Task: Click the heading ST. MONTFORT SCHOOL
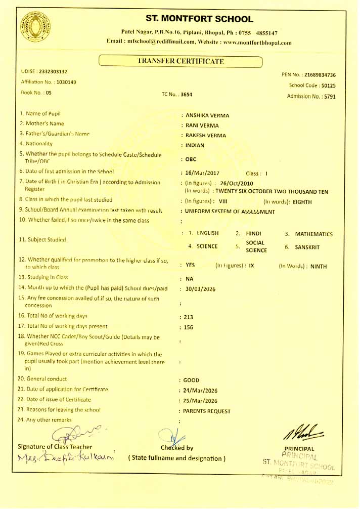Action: click(x=199, y=19)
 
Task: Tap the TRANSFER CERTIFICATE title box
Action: click(x=181, y=62)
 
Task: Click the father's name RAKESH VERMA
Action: click(x=206, y=135)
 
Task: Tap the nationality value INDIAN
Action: click(x=195, y=145)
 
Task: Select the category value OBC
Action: click(x=191, y=159)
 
